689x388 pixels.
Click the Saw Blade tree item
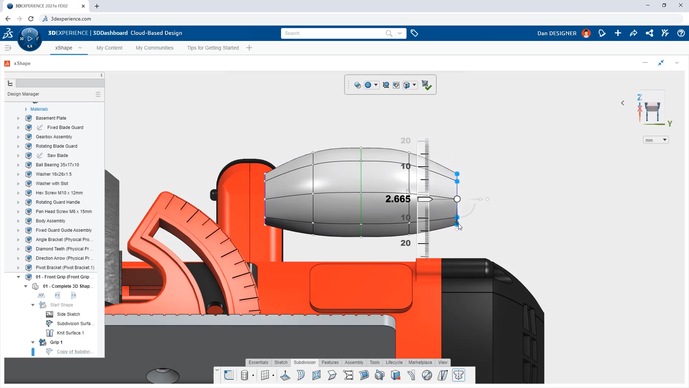[57, 156]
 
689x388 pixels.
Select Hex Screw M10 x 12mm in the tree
[59, 193]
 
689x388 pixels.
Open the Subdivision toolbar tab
[304, 362]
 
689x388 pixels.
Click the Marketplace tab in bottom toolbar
[420, 362]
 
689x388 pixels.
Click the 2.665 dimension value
[398, 199]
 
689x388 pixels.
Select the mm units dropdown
[656, 140]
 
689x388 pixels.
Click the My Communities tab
[154, 48]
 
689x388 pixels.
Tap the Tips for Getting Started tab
[212, 48]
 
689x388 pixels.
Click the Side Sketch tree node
[68, 314]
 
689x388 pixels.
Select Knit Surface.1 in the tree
[70, 333]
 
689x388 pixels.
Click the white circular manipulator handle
[457, 199]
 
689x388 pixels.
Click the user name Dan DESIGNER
[557, 33]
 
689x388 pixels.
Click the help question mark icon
[681, 33]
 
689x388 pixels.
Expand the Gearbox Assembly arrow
[18, 137]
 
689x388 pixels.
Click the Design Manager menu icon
[98, 94]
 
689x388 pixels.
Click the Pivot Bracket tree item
[65, 268]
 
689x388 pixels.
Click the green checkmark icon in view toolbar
[426, 85]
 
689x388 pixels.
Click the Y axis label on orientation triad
[670, 124]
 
